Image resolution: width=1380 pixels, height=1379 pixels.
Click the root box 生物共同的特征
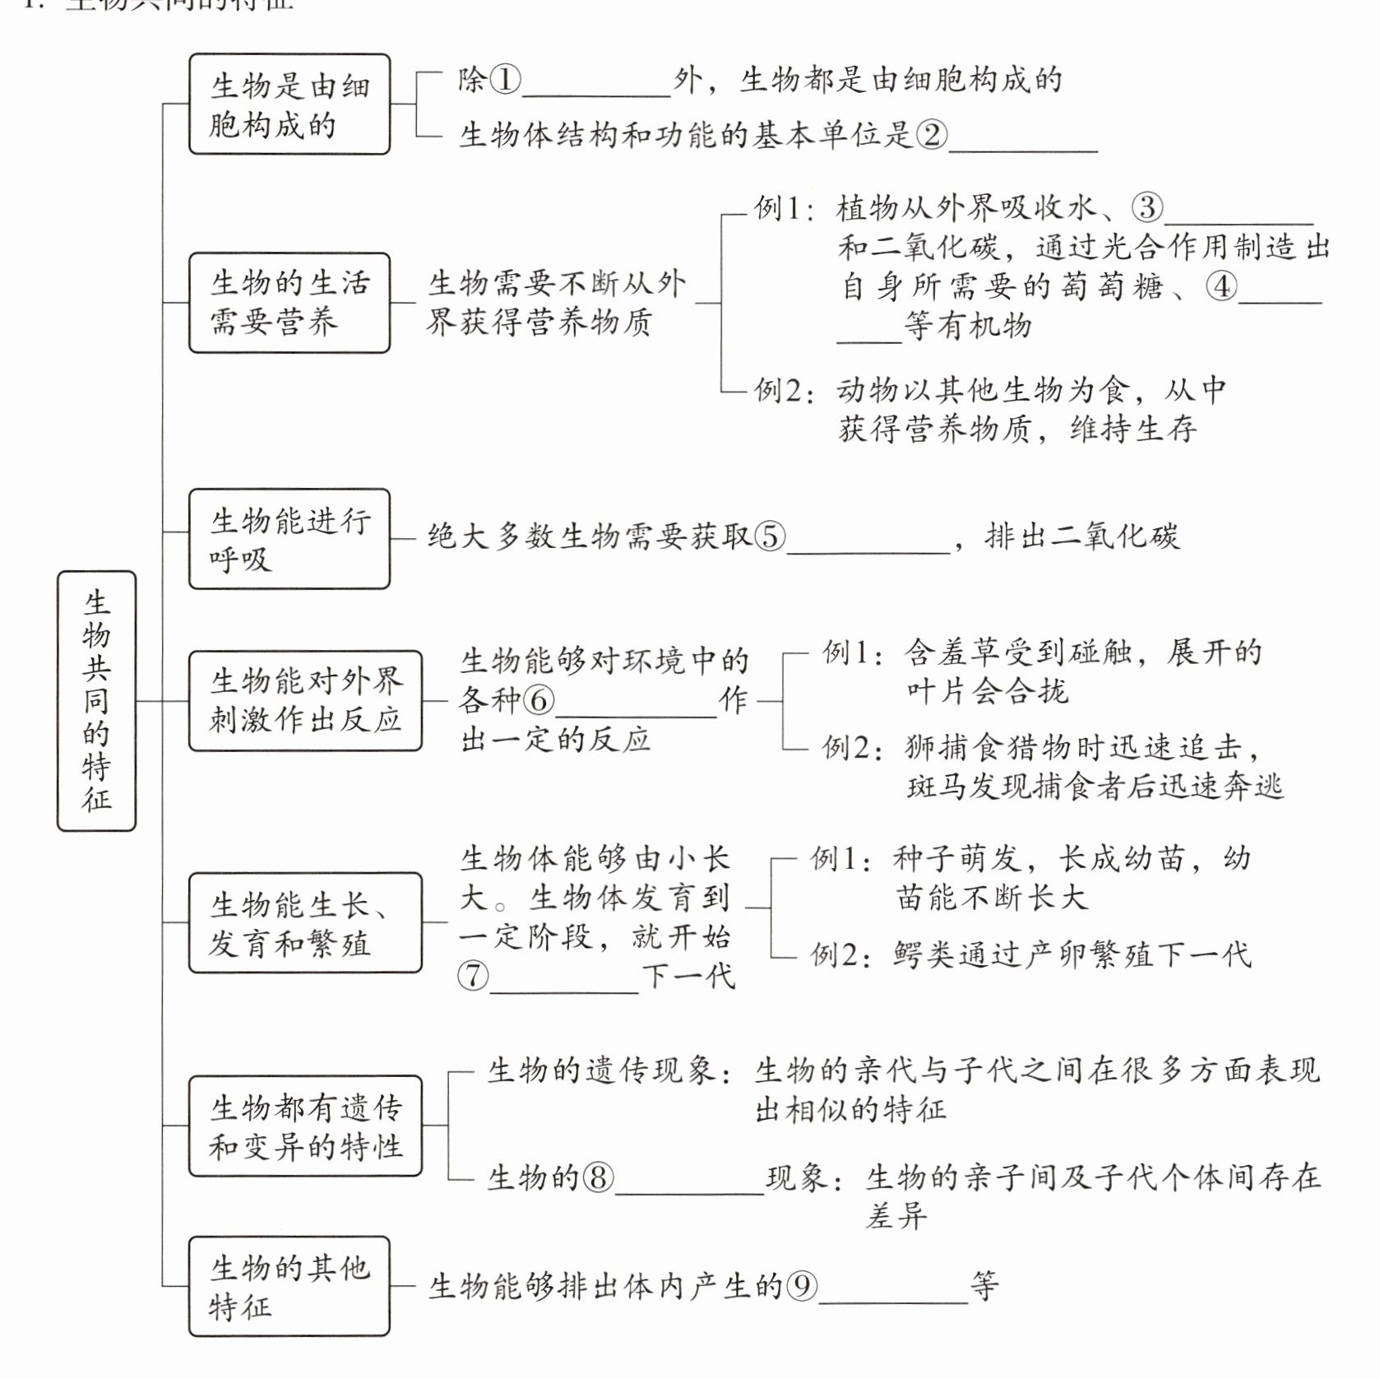coord(96,700)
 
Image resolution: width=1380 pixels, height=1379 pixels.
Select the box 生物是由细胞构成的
coord(289,104)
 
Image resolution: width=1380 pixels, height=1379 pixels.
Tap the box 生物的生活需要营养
coord(289,303)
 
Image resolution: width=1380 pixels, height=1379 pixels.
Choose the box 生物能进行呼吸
coord(289,539)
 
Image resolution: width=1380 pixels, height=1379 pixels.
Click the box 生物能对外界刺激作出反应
coord(305,701)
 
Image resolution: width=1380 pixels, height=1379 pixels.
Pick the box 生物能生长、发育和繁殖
coord(305,923)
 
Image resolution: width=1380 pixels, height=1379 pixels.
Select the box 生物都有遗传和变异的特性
coord(305,1126)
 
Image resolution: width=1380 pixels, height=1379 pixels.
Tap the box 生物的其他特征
coord(289,1286)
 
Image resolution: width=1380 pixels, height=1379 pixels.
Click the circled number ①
coord(505,80)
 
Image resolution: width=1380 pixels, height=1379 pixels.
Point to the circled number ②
coord(932,134)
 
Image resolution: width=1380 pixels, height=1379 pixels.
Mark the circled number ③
coord(1147,207)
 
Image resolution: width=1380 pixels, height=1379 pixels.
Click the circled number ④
coord(1221,286)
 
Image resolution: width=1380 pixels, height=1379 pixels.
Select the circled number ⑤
coord(770,536)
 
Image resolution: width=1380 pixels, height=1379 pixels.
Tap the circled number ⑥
coord(539,701)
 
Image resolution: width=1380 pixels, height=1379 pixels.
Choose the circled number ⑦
coord(473,976)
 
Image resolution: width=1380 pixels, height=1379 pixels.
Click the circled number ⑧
coord(598,1177)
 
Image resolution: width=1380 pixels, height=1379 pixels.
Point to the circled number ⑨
coord(802,1286)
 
